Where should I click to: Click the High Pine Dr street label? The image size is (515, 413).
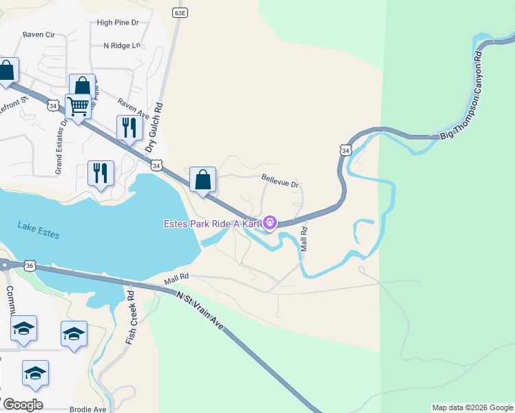[x=118, y=23]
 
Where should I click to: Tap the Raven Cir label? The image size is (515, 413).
[x=38, y=34]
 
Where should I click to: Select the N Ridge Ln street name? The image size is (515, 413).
[x=121, y=46]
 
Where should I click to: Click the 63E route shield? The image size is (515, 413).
[x=180, y=13]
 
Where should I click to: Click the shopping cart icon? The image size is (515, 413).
[x=78, y=107]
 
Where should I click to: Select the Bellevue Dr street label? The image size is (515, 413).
[x=280, y=184]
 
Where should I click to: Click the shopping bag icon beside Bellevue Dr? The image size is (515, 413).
[x=203, y=180]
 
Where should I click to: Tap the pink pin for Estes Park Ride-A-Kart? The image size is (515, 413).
[x=270, y=222]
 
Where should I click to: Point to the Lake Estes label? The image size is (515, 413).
[x=39, y=231]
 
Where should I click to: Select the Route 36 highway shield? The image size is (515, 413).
[x=29, y=265]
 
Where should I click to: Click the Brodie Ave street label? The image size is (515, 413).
[x=88, y=409]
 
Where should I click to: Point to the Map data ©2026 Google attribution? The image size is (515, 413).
[x=472, y=407]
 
